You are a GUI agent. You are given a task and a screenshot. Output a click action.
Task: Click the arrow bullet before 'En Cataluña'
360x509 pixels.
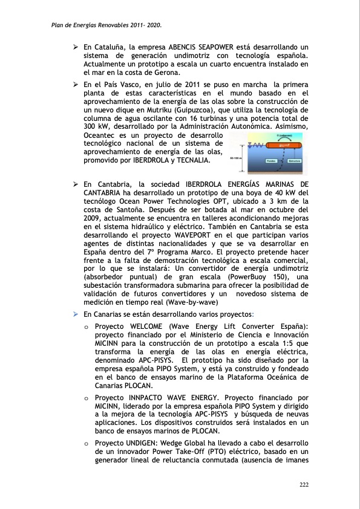point(75,47)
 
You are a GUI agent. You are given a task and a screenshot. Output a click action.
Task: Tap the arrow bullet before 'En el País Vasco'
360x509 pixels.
point(75,85)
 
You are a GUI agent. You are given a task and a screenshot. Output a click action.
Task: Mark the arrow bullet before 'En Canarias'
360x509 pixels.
point(75,314)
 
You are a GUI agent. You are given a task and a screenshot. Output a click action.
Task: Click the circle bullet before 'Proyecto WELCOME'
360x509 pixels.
point(87,327)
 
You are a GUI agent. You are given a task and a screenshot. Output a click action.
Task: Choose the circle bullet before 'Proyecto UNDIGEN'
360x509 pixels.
point(87,444)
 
